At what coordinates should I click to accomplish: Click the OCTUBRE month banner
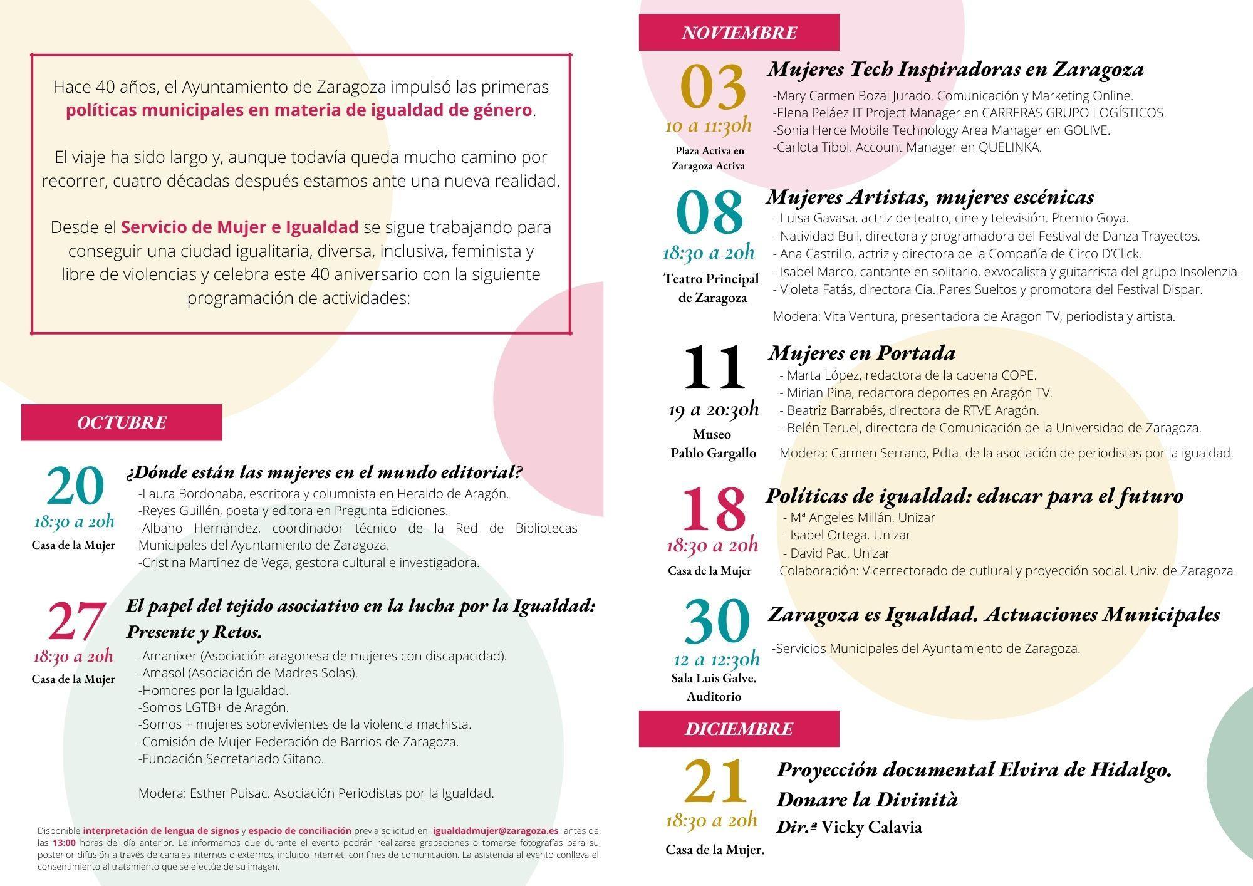[122, 422]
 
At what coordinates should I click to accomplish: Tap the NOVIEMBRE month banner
[739, 33]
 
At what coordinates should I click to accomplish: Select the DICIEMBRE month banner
[739, 729]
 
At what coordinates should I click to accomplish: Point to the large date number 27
[75, 621]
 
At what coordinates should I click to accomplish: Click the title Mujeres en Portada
[861, 353]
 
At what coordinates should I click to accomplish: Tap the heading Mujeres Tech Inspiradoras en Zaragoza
[955, 69]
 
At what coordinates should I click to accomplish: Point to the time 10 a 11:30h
[708, 126]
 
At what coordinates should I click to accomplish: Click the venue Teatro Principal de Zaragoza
[712, 288]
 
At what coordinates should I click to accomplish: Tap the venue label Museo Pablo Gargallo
[712, 444]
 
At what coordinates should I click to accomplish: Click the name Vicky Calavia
[871, 828]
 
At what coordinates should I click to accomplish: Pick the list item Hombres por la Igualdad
[214, 691]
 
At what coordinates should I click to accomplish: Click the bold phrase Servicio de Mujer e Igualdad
[239, 227]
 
